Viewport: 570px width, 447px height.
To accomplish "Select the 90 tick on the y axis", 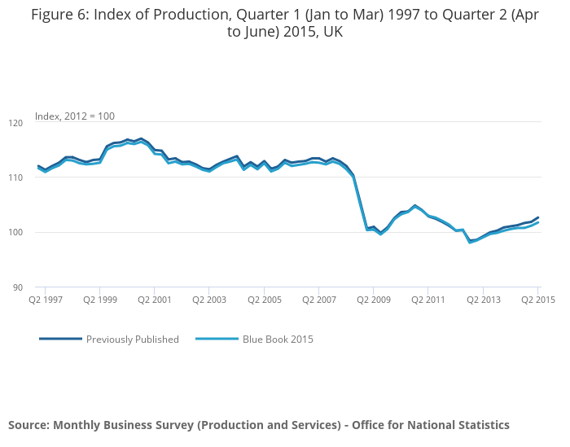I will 17,287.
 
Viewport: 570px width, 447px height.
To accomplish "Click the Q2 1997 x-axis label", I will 46,300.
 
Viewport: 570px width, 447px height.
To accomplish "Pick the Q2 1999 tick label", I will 99,300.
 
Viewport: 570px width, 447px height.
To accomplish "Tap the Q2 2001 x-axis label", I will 154,300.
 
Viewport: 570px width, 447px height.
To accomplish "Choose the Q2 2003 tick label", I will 209,300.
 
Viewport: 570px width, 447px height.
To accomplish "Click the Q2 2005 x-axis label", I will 264,300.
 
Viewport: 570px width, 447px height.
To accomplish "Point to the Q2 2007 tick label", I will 319,300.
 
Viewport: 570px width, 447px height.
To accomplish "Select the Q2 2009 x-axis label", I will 374,300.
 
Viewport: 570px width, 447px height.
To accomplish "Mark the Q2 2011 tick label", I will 428,300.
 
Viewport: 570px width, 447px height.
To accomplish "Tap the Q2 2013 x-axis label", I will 484,300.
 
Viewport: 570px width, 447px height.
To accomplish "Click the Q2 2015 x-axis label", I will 537,300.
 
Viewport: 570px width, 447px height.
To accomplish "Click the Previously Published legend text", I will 132,340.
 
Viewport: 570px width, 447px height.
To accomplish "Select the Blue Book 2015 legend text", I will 278,340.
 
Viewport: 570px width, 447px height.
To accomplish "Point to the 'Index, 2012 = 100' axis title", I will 75,116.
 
